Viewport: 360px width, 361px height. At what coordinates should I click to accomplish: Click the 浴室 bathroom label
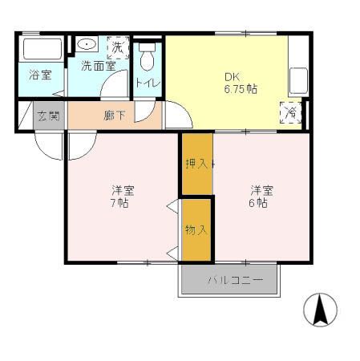point(41,75)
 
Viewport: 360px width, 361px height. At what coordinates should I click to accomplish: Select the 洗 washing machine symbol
point(118,47)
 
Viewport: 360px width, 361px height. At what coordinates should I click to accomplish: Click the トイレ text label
point(146,82)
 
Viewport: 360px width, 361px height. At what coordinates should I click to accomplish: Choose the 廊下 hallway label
point(115,116)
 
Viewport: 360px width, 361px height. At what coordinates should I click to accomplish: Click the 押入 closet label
point(197,164)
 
